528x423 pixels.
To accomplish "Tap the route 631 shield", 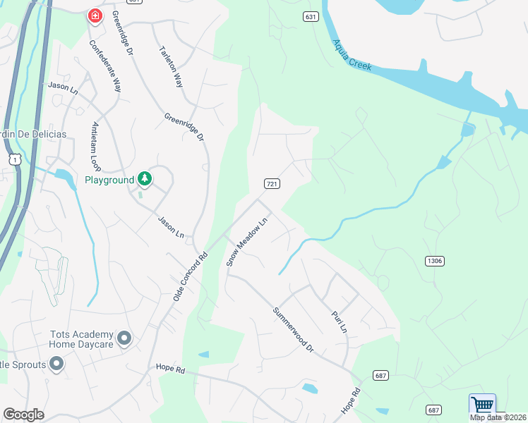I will pos(310,16).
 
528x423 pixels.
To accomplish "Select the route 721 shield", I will pos(272,183).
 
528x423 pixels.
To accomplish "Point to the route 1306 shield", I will pos(435,261).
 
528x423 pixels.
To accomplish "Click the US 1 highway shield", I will pos(13,159).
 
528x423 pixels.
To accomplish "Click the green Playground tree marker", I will pos(145,179).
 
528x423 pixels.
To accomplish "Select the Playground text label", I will pos(109,180).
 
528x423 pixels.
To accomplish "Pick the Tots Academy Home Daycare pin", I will pos(124,339).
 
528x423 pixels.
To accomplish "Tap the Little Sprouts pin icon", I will pos(56,364).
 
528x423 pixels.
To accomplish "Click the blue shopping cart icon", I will pos(482,405).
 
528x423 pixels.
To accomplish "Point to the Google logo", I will pos(23,415).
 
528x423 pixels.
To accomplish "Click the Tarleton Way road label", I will pos(172,67).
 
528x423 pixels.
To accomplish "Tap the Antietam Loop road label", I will pos(97,147).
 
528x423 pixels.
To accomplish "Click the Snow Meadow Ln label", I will pos(247,242).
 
